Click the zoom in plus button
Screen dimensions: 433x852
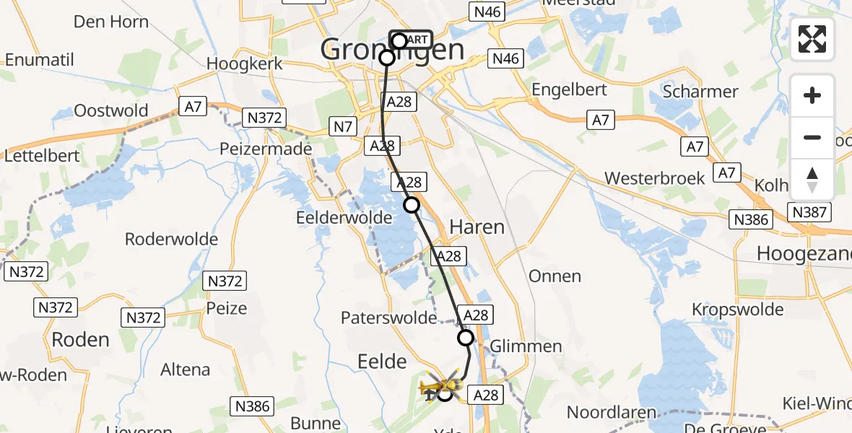812,95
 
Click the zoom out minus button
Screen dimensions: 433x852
812,137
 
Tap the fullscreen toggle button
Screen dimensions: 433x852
812,39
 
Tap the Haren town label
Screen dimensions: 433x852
477,227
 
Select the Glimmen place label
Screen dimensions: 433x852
526,346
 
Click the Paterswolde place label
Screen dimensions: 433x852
388,318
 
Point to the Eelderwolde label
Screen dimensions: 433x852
344,217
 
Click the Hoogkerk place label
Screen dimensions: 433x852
243,64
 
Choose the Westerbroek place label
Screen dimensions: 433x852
654,178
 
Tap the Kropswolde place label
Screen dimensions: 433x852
737,309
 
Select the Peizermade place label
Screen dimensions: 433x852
267,149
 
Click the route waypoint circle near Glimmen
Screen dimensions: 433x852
466,338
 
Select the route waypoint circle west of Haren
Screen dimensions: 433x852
411,205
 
